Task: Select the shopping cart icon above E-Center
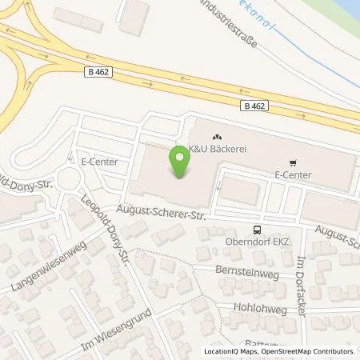tap(293, 161)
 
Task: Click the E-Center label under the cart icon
tap(292, 174)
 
